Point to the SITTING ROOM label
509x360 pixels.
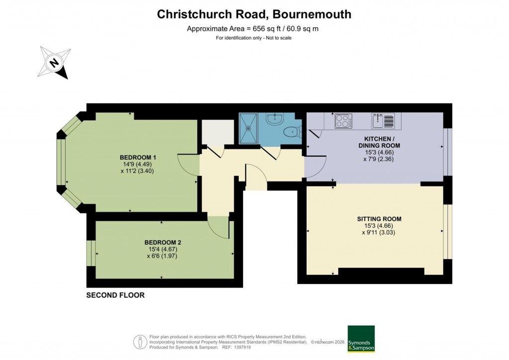pyautogui.click(x=379, y=219)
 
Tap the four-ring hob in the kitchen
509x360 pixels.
pyautogui.click(x=343, y=121)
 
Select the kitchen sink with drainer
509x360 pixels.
pyautogui.click(x=383, y=120)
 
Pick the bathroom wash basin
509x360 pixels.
pyautogui.click(x=273, y=119)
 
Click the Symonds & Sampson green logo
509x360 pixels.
pyautogui.click(x=361, y=339)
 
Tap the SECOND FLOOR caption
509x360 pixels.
pyautogui.click(x=115, y=295)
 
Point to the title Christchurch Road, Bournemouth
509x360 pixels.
pyautogui.click(x=254, y=14)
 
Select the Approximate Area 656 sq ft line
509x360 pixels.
pyautogui.click(x=253, y=28)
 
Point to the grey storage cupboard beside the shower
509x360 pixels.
pyautogui.click(x=217, y=132)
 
